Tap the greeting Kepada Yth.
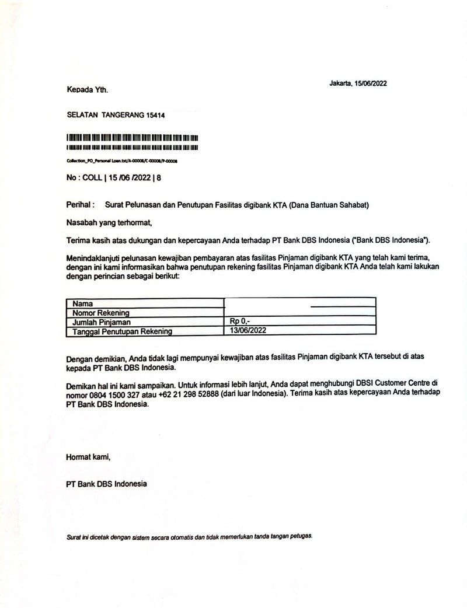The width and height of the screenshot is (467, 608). (x=88, y=90)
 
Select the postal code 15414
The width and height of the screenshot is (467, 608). (x=156, y=116)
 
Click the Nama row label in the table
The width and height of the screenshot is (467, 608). (x=82, y=303)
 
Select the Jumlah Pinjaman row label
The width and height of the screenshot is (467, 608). (x=101, y=322)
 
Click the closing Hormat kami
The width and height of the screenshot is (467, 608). (x=88, y=457)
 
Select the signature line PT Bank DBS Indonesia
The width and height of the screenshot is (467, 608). (x=107, y=484)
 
